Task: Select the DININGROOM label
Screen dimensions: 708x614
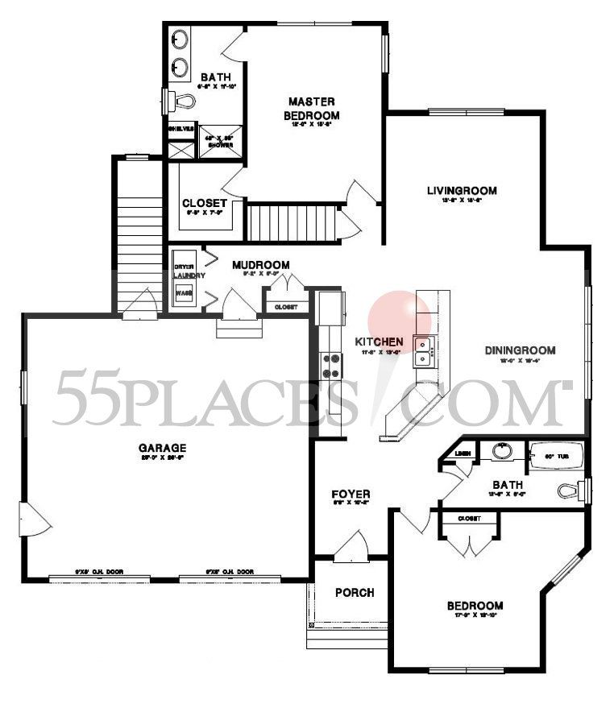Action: click(521, 350)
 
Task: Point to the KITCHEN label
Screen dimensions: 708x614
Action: click(379, 342)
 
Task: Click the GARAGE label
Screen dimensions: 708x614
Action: click(161, 448)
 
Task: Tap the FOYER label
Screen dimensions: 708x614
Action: click(351, 494)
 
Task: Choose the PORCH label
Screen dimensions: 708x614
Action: click(355, 593)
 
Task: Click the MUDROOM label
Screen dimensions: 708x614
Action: click(260, 264)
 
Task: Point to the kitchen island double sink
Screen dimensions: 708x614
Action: click(425, 348)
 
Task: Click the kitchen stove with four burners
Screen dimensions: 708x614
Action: click(331, 366)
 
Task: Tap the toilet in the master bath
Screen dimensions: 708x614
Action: click(180, 101)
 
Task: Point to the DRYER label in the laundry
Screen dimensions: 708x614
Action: click(184, 266)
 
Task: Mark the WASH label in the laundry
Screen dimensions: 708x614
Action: click(184, 293)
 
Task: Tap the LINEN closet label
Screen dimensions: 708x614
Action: click(463, 453)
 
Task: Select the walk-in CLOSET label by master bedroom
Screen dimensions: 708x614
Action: click(205, 203)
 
